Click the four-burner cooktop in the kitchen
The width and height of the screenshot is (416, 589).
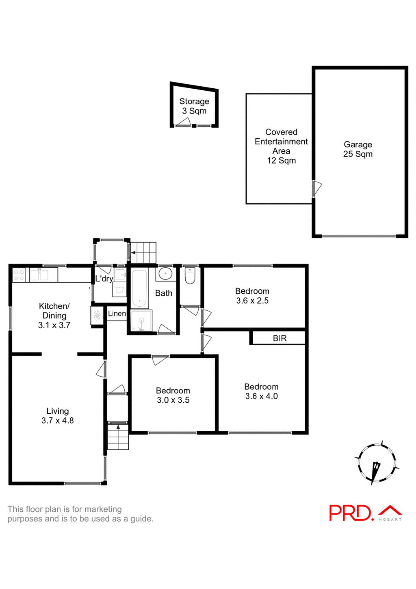coord(19,275)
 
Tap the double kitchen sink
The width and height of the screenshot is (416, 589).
coord(39,275)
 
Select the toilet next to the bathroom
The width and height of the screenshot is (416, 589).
coord(190,275)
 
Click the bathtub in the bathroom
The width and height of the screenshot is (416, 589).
coord(139,288)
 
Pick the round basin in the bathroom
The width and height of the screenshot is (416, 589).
coord(165,273)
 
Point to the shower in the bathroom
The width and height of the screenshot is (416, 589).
coord(141,321)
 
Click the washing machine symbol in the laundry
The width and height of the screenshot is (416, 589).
coord(119,290)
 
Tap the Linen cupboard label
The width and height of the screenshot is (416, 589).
coord(117,314)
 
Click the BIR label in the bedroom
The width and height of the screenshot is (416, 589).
coord(279,338)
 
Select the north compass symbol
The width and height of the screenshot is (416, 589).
coord(376,464)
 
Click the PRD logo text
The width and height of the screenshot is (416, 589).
coord(351,513)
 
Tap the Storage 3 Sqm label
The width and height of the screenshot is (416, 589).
coord(194,106)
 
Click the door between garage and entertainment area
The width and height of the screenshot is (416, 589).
coord(316,189)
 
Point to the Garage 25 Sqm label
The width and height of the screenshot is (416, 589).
coord(357,149)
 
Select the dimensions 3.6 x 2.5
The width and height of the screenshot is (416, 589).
coord(252,301)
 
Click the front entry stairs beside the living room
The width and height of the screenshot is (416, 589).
coord(118,437)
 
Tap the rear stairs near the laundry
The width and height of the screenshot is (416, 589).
coord(143,253)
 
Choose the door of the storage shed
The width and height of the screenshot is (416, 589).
coord(183,122)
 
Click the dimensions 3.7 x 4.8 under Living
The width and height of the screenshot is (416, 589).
coord(57,421)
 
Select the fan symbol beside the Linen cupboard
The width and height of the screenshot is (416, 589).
coord(97,315)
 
